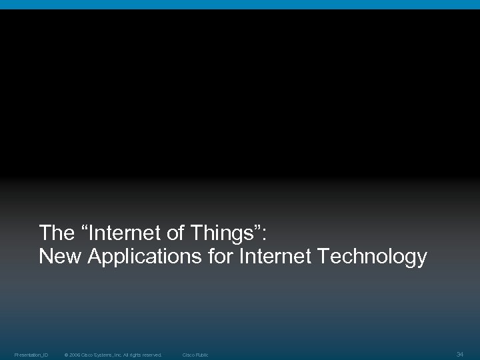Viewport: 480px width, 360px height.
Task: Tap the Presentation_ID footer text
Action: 31,355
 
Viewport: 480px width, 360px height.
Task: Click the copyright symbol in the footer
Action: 66,355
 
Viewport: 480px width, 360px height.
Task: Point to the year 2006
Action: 75,355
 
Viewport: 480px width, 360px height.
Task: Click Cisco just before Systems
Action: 88,355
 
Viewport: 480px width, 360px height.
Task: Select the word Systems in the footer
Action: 105,355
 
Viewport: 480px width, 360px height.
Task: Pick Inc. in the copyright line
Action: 121,355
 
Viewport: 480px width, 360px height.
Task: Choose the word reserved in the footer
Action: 153,355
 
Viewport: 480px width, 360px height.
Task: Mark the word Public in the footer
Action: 201,355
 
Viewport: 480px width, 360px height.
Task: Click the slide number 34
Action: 459,354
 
